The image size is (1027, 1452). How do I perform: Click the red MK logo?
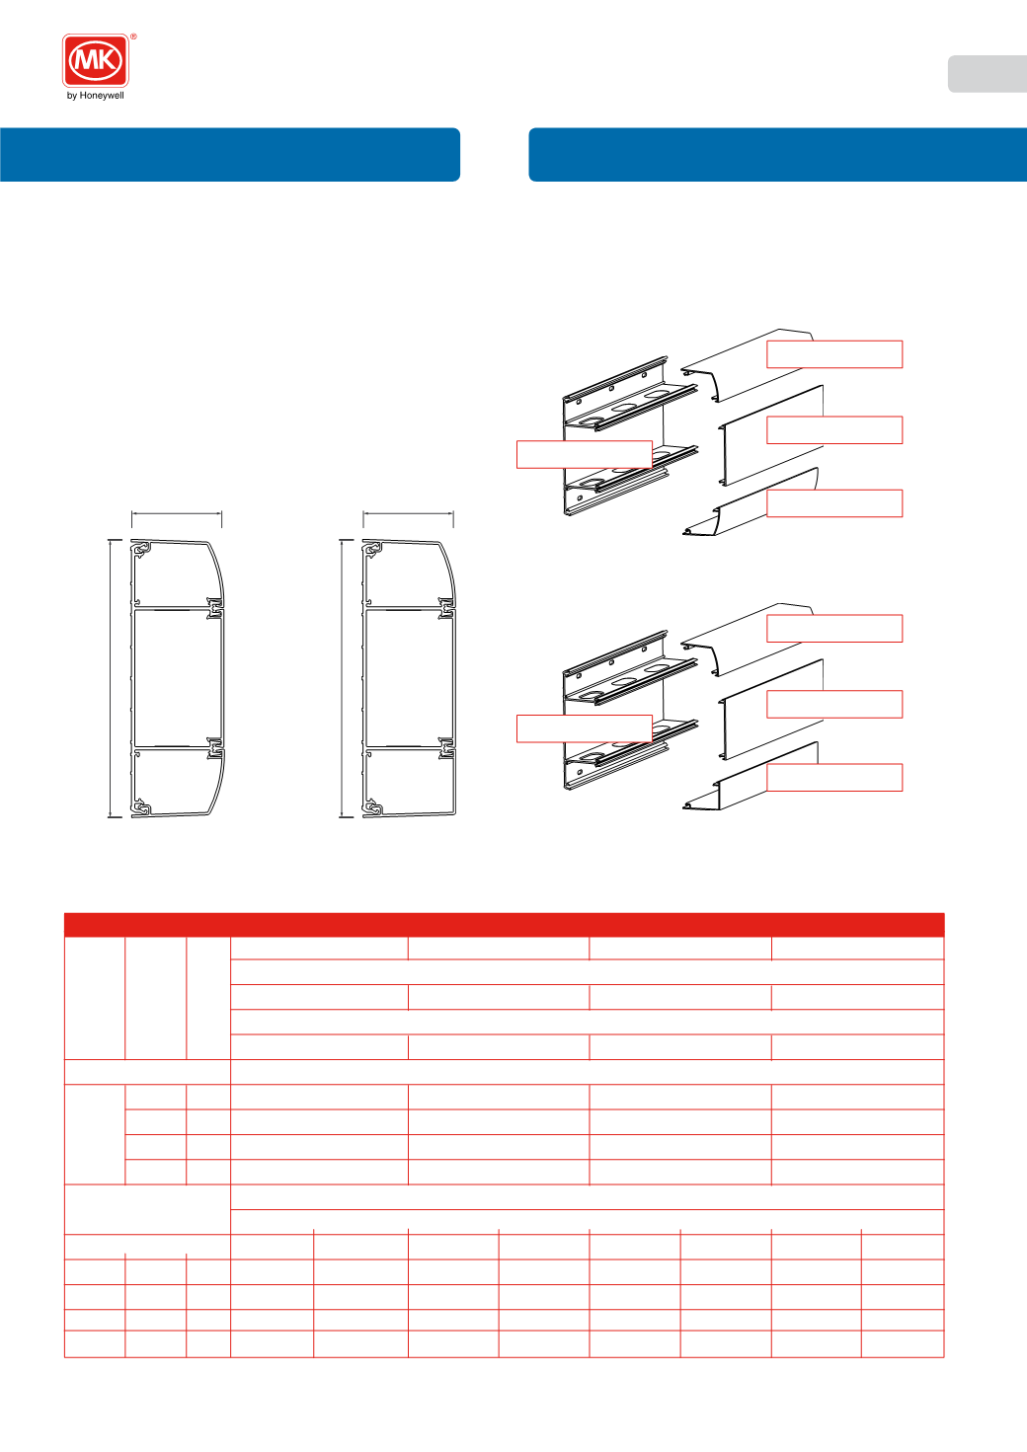click(96, 60)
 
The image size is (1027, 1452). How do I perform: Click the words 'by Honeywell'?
click(96, 96)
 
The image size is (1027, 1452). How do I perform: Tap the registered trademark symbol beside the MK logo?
click(133, 37)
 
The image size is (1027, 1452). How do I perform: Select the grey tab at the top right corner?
click(987, 74)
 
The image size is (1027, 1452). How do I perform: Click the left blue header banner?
click(230, 154)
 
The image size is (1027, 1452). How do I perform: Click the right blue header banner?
click(778, 154)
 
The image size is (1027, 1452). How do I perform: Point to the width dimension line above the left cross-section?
click(177, 514)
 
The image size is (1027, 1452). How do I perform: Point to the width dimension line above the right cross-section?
click(409, 514)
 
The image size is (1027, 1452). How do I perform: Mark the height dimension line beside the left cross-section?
click(111, 678)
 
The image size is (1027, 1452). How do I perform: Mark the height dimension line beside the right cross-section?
click(343, 678)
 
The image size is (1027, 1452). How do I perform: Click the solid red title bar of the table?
click(505, 924)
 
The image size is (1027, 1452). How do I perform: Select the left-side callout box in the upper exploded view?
click(585, 454)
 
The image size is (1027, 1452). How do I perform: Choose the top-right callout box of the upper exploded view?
click(834, 354)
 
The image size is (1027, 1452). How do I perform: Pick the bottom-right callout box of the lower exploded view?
click(834, 777)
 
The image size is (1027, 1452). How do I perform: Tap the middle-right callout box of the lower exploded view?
click(834, 704)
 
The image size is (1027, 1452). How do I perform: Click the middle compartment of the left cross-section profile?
click(177, 678)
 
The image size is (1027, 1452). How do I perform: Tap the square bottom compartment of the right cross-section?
click(409, 781)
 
